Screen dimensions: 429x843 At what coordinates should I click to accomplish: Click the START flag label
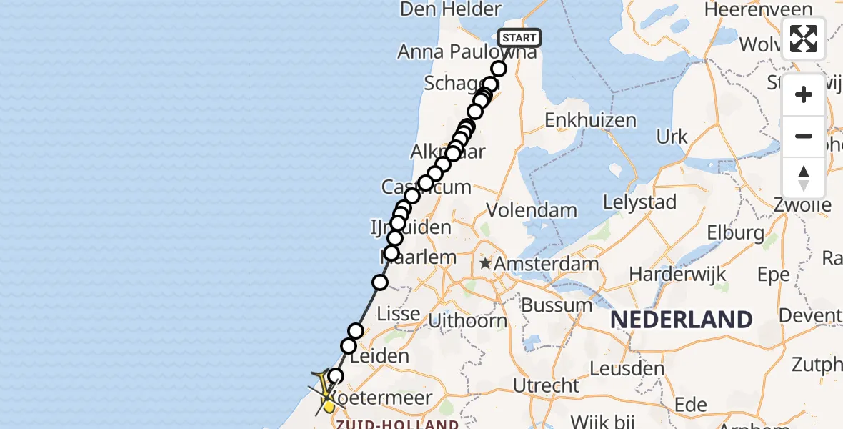pyautogui.click(x=519, y=38)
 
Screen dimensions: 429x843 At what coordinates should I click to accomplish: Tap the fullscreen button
pyautogui.click(x=804, y=39)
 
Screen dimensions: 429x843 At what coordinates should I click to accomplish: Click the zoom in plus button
pyautogui.click(x=804, y=94)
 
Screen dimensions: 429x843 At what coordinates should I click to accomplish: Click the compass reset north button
pyautogui.click(x=804, y=178)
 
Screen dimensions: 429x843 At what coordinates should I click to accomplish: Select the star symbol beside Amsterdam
pyautogui.click(x=486, y=264)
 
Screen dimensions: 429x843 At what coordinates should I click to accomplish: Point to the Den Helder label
pyautogui.click(x=451, y=9)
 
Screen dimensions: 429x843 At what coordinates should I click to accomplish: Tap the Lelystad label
pyautogui.click(x=639, y=202)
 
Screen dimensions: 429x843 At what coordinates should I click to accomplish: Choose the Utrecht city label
pyautogui.click(x=547, y=385)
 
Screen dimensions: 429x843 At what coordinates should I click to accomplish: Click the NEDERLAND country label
pyautogui.click(x=682, y=320)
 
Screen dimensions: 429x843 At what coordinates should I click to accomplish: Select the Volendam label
pyautogui.click(x=532, y=210)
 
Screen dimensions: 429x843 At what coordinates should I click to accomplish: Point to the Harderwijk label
pyautogui.click(x=677, y=274)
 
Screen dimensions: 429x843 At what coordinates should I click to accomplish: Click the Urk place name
pyautogui.click(x=672, y=137)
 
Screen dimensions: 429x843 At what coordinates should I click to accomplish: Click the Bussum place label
pyautogui.click(x=557, y=305)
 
